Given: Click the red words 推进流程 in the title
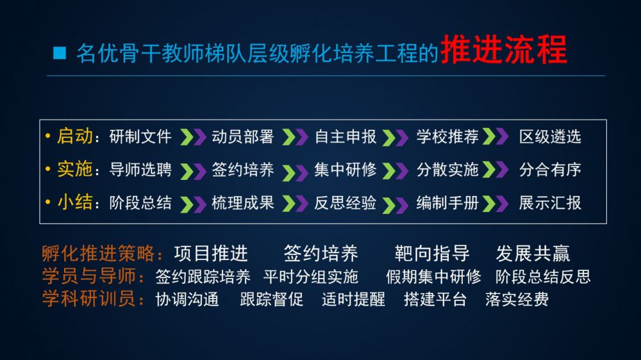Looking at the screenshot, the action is (x=504, y=50).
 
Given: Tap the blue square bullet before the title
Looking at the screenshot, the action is (x=60, y=53).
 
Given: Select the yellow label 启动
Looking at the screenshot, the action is (x=75, y=136).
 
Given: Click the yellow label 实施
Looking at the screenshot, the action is (x=75, y=169).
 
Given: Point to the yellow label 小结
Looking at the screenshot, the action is (x=75, y=202).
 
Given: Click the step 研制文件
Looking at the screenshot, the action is (x=140, y=137).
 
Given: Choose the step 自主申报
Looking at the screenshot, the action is (x=345, y=137).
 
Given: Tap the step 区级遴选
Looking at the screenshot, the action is (x=550, y=137).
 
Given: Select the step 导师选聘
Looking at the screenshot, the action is (x=140, y=170).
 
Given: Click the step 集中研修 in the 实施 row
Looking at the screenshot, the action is (x=345, y=170).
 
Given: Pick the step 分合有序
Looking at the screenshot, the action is (x=550, y=170).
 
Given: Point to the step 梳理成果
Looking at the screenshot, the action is (x=243, y=203).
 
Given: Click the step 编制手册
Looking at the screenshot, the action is (x=447, y=203).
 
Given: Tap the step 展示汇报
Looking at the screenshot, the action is (x=550, y=203).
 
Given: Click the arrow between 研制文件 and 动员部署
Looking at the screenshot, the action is (x=193, y=137).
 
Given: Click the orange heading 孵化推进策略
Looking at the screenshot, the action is (x=99, y=254).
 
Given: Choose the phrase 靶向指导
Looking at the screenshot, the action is (x=431, y=254).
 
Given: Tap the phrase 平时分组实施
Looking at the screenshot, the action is (x=311, y=277).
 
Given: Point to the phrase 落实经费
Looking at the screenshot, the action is (x=517, y=299).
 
